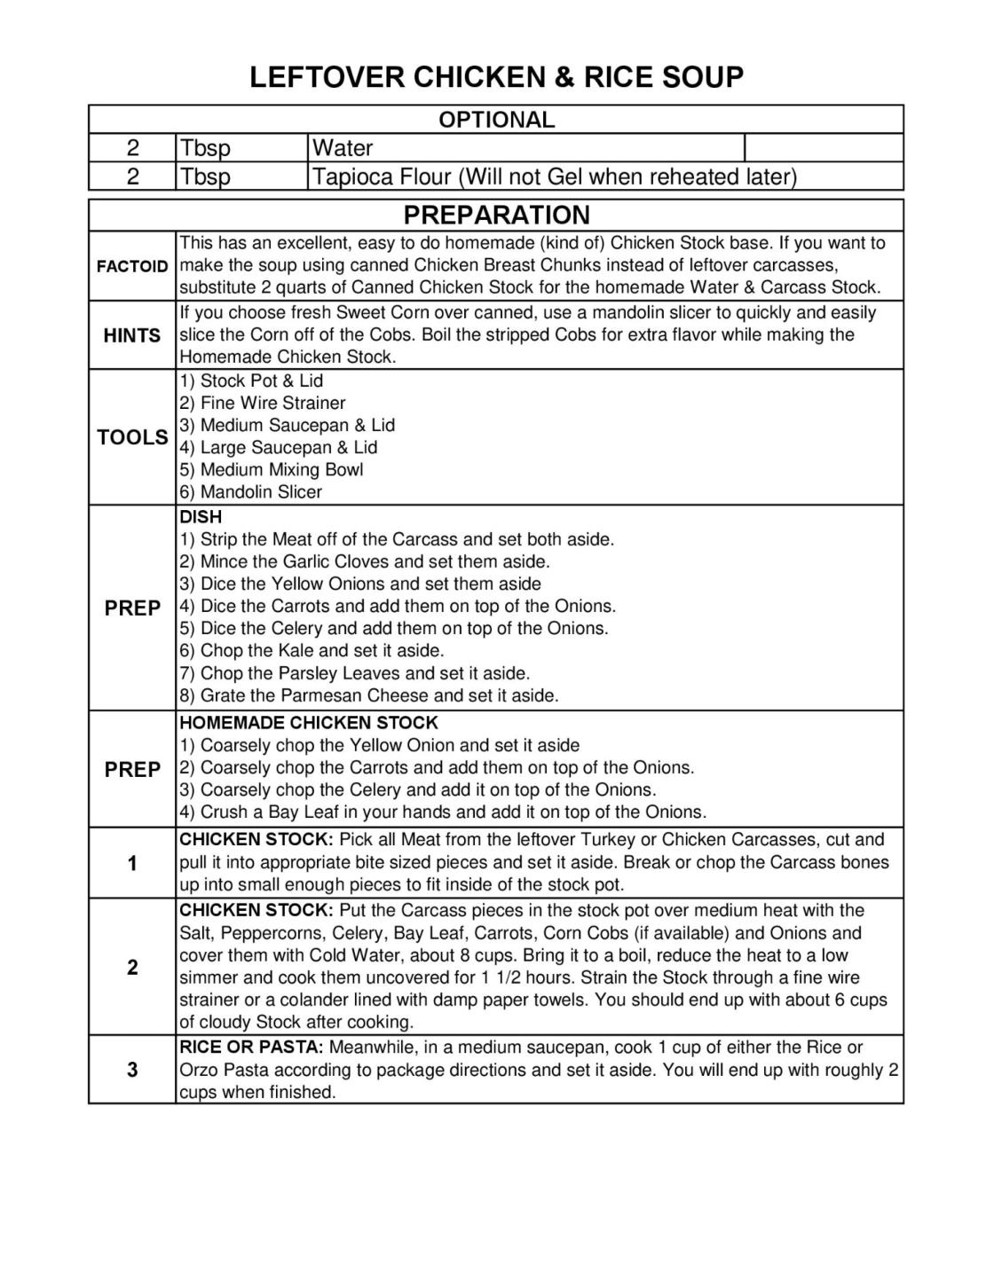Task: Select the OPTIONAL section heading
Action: [496, 120]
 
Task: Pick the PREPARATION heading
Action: [496, 215]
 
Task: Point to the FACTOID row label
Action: [132, 266]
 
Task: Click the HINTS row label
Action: [132, 335]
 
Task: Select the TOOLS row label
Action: [132, 437]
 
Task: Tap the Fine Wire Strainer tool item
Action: [263, 403]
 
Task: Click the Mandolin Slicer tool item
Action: [251, 491]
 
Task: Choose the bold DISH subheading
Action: [201, 516]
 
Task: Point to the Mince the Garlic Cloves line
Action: [365, 561]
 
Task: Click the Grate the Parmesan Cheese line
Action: [369, 695]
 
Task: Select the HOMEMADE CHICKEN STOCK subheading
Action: [309, 723]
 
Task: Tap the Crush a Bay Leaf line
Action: [443, 812]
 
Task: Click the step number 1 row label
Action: [132, 863]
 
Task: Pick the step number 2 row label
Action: [132, 967]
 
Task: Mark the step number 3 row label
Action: [132, 1070]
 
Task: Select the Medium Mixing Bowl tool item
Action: [272, 469]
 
